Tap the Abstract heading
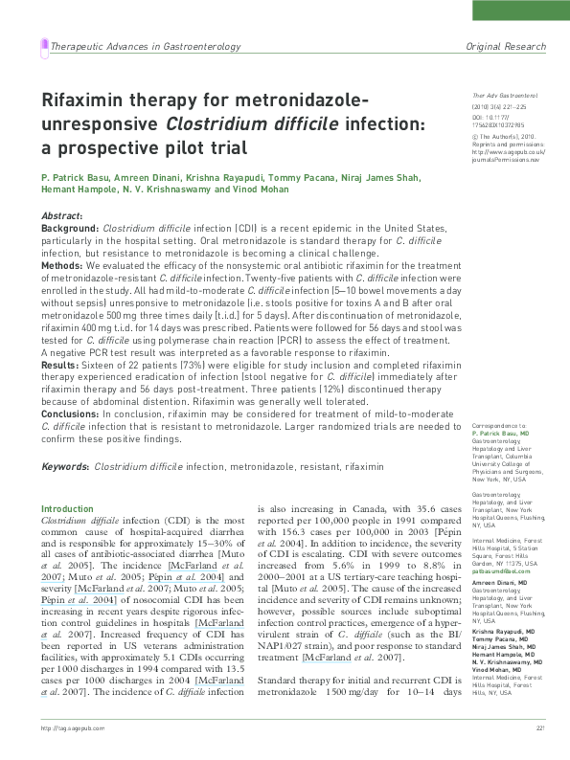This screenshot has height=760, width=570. (61, 216)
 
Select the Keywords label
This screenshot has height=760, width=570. (64, 466)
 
